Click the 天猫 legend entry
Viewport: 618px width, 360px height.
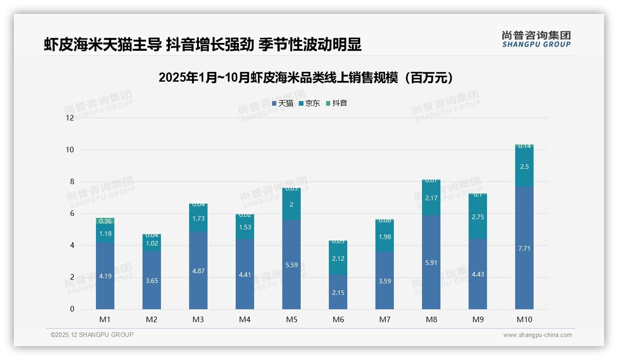tap(283, 103)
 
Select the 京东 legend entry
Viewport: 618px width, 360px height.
tap(309, 103)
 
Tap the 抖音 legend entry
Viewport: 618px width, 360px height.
tap(336, 103)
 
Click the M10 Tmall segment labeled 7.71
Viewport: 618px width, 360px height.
tap(524, 248)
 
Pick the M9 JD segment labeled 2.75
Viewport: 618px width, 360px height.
tap(478, 217)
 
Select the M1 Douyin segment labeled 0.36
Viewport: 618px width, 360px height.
tap(105, 222)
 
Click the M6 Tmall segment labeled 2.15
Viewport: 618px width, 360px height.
tap(338, 292)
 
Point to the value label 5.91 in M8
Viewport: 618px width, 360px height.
tap(431, 263)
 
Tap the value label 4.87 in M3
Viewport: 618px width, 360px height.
tap(198, 271)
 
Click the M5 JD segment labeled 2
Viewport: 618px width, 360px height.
tap(291, 204)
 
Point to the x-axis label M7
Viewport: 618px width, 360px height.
tap(385, 319)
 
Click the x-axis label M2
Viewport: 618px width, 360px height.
tap(152, 319)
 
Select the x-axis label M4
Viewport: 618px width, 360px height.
tap(245, 319)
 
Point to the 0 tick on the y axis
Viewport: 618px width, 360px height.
tap(71, 309)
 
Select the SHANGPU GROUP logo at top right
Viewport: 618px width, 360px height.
tap(536, 39)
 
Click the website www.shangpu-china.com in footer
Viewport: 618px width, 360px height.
tap(537, 335)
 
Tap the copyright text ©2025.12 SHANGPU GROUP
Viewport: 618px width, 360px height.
tap(92, 335)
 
